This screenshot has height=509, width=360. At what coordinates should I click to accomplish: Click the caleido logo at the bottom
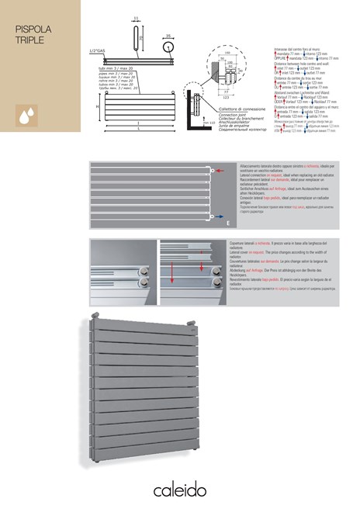click(180, 486)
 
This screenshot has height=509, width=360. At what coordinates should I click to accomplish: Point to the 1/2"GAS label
click(98, 50)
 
